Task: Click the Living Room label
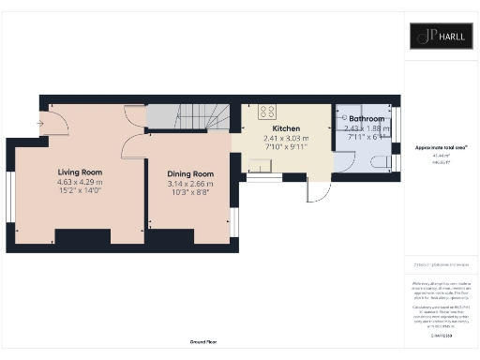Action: click(80, 172)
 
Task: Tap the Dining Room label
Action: click(190, 174)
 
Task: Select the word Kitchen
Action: click(286, 128)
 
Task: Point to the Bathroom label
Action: click(366, 120)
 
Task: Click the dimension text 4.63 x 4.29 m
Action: click(80, 183)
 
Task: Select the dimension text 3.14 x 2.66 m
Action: click(190, 185)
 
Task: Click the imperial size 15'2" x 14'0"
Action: click(80, 193)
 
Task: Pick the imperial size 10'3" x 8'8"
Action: click(190, 194)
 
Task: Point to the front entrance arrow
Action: click(39, 122)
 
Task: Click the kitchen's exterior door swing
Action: click(320, 190)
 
